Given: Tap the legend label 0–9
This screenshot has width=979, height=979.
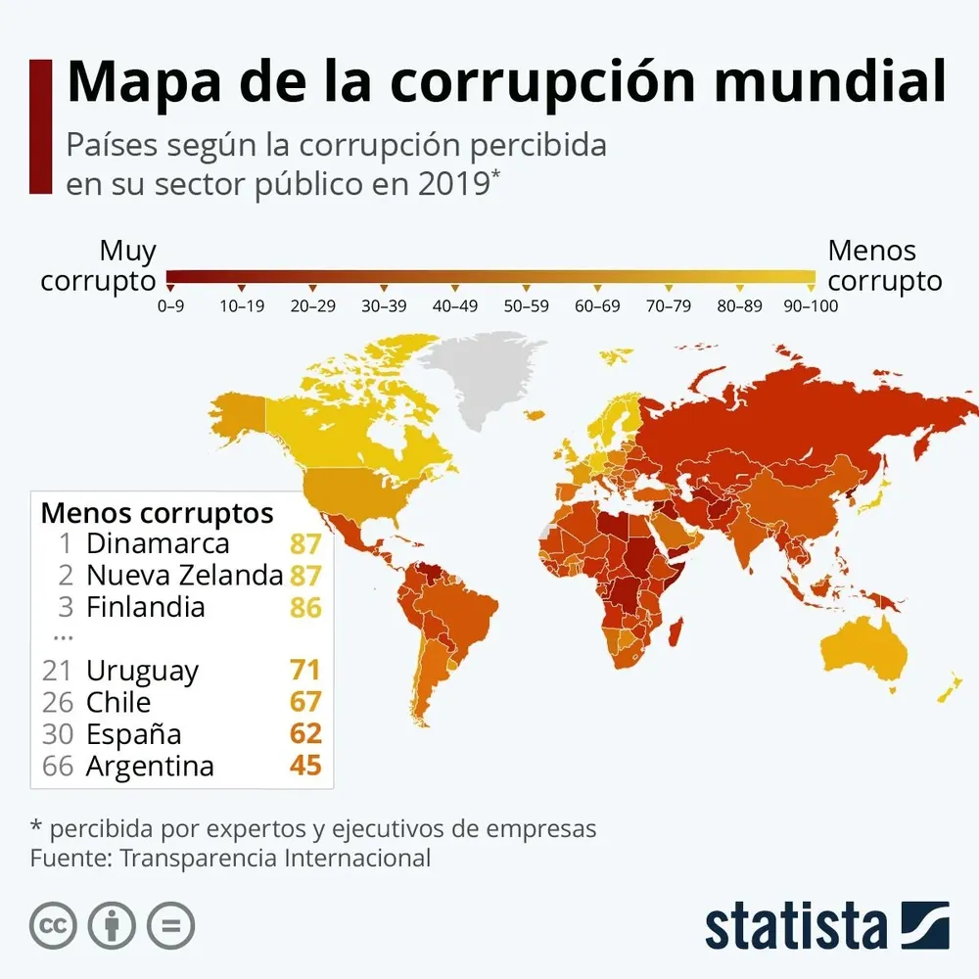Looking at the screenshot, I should (170, 306).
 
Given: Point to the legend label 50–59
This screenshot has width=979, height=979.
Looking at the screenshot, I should (527, 306).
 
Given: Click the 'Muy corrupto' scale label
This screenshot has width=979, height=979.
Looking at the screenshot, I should (99, 266).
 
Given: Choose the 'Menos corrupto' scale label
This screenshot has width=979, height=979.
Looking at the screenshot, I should (885, 266).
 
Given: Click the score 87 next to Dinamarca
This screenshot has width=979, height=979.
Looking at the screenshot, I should (305, 543).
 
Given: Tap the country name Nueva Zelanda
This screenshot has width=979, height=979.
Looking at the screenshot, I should (184, 575).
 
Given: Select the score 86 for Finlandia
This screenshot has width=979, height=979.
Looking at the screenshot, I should (305, 607).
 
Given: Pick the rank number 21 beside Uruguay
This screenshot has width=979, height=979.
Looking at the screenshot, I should (58, 671).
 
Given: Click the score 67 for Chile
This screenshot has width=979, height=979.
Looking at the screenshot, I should (305, 702).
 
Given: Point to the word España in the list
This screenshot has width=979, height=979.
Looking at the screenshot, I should (133, 734).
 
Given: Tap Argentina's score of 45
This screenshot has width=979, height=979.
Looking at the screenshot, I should (305, 766).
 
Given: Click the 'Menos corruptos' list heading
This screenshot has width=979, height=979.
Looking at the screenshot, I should (157, 513).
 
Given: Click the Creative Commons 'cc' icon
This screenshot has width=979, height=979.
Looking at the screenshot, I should (53, 925).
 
